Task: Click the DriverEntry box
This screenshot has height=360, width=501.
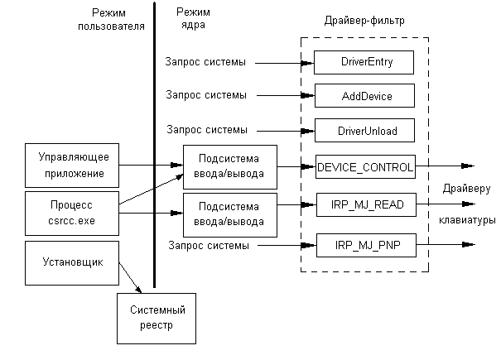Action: point(365,62)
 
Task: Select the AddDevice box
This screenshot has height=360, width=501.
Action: point(365,96)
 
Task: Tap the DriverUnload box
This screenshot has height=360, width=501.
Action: point(365,131)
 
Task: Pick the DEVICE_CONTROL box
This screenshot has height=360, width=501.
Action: point(365,166)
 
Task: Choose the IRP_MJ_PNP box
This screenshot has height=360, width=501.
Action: point(365,245)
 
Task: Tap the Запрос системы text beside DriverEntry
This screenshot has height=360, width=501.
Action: point(207,62)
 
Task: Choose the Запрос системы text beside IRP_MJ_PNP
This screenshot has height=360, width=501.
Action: point(207,245)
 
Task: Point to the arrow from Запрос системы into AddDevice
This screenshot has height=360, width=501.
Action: point(282,96)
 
